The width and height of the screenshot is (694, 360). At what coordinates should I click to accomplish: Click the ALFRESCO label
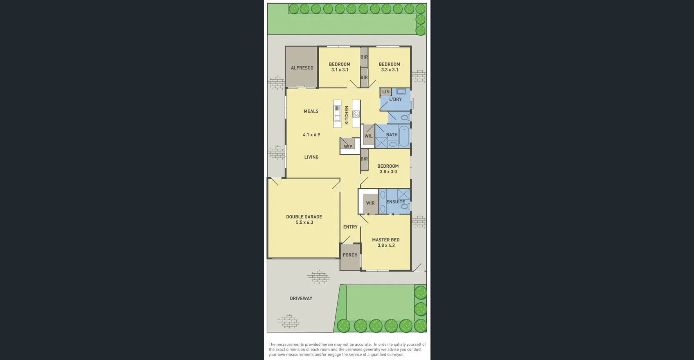302,68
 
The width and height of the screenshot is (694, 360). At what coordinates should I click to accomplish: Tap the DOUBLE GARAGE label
304,217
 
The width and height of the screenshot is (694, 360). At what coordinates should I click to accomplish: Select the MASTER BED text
385,240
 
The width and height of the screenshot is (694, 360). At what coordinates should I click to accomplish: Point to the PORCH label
350,255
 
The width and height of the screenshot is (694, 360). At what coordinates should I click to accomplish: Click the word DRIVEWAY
301,299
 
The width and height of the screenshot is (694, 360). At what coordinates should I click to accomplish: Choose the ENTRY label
350,227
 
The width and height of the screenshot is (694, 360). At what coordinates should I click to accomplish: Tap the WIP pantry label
348,146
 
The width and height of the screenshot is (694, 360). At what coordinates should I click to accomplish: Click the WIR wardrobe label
370,203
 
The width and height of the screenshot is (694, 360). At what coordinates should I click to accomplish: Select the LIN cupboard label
386,92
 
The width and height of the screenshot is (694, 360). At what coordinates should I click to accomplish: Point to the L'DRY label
395,99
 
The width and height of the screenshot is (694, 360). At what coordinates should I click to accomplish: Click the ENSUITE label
395,202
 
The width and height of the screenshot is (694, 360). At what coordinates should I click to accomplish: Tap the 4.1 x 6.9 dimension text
311,135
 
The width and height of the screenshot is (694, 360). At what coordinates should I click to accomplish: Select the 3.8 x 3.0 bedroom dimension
388,172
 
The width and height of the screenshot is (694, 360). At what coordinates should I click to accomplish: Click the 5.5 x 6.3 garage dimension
304,223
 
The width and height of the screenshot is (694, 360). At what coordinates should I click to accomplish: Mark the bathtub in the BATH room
404,136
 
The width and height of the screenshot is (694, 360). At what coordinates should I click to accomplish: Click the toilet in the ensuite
405,207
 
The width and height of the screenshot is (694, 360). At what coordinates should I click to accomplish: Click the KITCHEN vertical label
347,115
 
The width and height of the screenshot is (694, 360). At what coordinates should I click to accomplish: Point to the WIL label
368,136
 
